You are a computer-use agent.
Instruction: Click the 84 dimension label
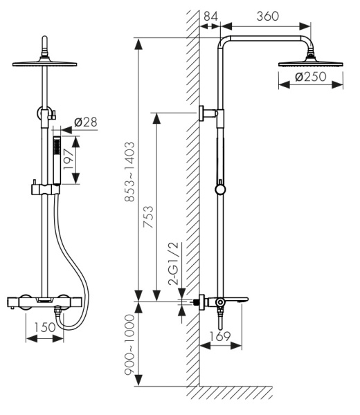[211, 16]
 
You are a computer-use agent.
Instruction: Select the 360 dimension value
[267, 16]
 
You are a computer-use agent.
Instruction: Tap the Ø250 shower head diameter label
[310, 77]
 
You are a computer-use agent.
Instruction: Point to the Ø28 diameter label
[86, 122]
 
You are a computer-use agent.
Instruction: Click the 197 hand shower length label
[68, 159]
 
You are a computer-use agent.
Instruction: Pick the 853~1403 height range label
[129, 172]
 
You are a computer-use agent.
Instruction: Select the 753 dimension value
[148, 216]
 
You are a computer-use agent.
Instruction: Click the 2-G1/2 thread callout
[174, 264]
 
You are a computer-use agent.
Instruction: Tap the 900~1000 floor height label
[129, 344]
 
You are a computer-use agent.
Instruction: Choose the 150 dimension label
[44, 327]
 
